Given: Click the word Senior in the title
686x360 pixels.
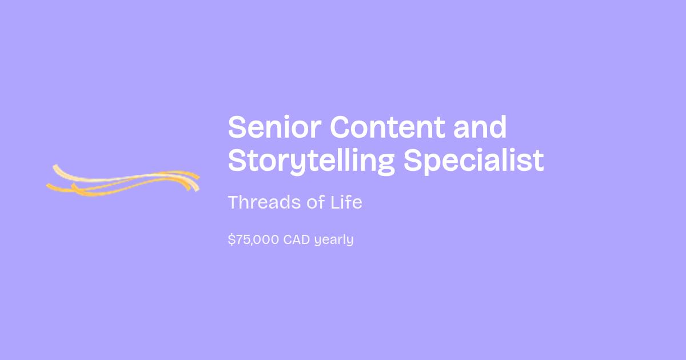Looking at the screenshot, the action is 274,127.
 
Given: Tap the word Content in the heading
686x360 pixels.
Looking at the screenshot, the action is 387,127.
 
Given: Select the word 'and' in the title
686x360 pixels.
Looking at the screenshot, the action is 480,127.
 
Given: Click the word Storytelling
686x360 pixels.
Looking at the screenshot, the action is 312,161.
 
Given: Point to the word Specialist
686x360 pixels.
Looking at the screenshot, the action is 474,161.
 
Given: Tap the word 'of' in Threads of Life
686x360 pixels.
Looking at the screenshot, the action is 316,202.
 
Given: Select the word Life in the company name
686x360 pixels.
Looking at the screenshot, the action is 346,202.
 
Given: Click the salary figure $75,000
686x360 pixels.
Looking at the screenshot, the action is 254,239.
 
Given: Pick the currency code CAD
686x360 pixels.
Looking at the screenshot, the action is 297,239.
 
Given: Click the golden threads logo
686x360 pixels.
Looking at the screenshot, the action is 123,181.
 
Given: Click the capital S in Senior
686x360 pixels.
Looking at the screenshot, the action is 237,127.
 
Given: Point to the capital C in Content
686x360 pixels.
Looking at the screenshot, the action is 340,127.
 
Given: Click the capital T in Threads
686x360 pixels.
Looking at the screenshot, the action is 234,202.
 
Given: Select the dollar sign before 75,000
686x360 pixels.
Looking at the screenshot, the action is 232,239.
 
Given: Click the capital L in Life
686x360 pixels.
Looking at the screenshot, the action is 335,202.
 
